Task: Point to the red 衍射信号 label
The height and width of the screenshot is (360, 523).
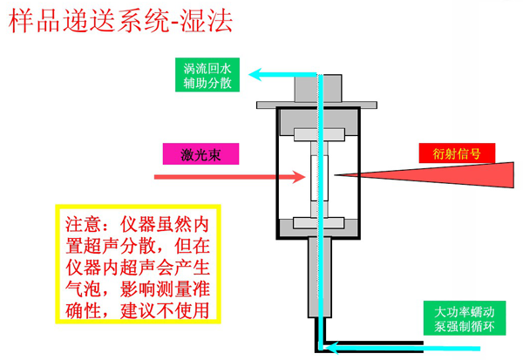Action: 457,153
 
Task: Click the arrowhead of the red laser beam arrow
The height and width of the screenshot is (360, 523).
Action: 295,177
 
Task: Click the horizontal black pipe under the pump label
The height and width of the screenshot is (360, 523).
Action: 392,343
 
